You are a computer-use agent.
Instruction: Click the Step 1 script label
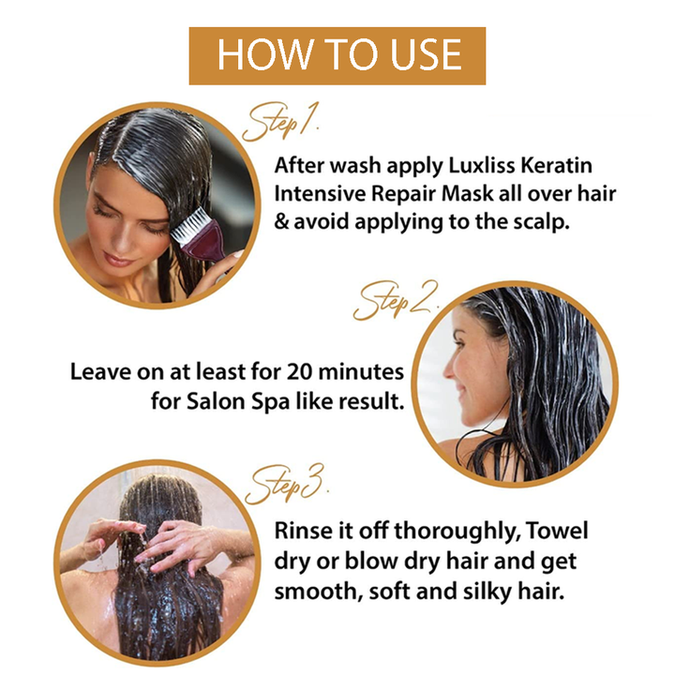click(280, 122)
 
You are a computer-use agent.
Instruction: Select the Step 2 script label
click(396, 301)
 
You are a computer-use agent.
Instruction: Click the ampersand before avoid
click(281, 222)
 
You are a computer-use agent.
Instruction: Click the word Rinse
click(302, 531)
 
